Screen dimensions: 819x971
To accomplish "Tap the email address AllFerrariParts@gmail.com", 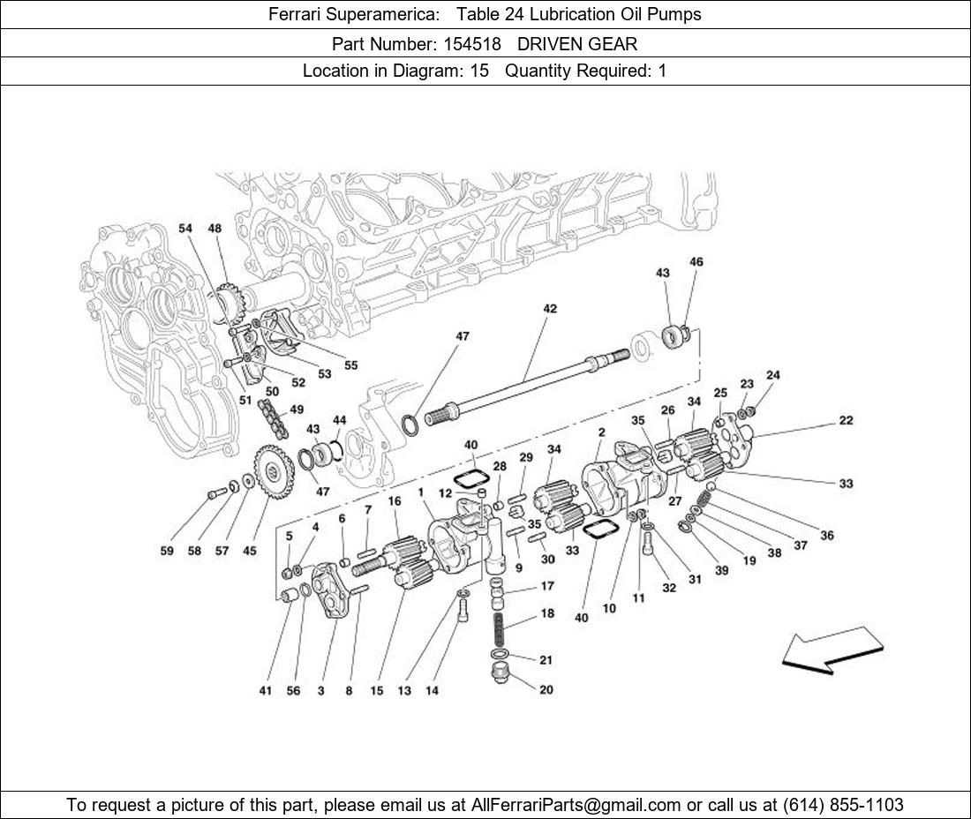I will point(576,804).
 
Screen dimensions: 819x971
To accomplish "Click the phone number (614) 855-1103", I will point(842,804).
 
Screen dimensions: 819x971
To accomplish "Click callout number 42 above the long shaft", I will point(550,309).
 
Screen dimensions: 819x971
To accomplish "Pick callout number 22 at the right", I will point(846,421).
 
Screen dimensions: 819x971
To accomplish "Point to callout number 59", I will point(167,551).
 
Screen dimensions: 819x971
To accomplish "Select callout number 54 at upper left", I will point(185,229).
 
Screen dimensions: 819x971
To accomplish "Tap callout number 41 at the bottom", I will point(266,691).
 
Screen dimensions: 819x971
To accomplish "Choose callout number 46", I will point(696,262).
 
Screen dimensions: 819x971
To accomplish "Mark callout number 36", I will point(826,535).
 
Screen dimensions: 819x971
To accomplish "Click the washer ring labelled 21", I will point(500,654).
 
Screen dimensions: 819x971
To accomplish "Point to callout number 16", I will point(395,501).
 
